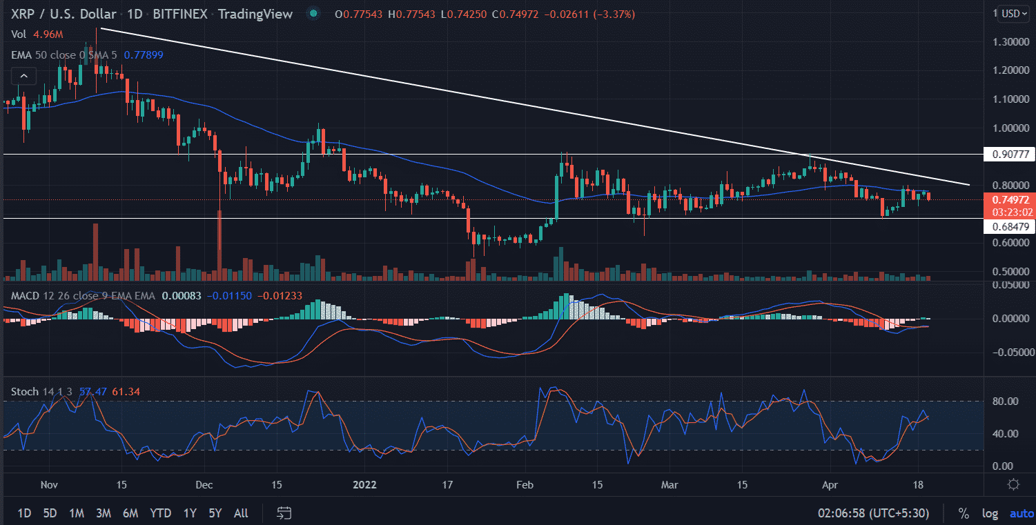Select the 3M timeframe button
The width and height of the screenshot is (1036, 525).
click(x=104, y=513)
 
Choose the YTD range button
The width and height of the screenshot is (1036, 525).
click(x=160, y=513)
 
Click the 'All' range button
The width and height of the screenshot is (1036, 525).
click(x=241, y=513)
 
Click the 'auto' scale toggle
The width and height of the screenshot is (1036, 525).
click(x=1022, y=513)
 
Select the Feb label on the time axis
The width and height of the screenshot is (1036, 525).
click(x=526, y=485)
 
